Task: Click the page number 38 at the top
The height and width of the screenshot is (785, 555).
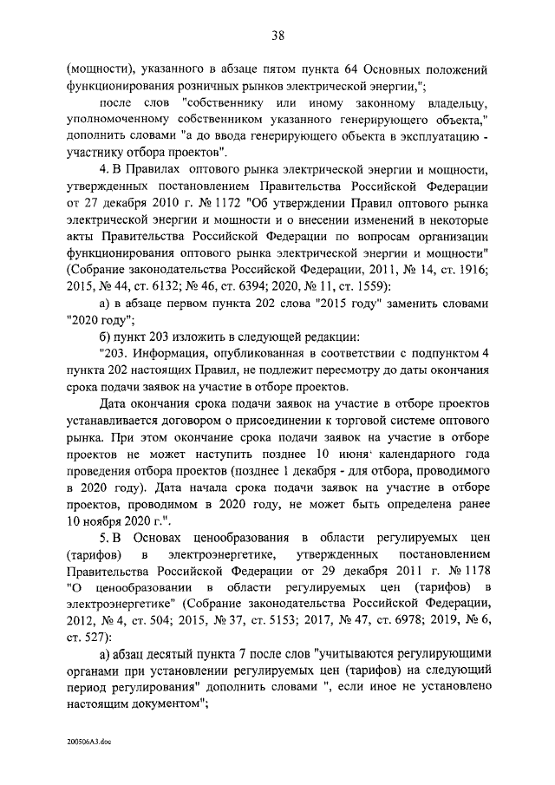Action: pyautogui.click(x=277, y=35)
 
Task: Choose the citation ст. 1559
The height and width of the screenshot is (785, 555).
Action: pyautogui.click(x=364, y=285)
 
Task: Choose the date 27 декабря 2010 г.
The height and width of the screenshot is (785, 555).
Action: pyautogui.click(x=130, y=205)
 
